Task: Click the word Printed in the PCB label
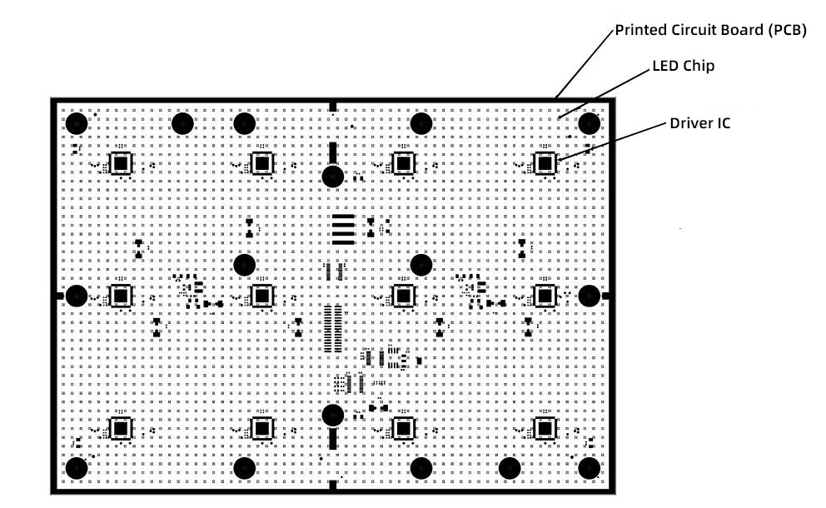tap(640, 31)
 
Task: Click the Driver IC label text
tap(700, 123)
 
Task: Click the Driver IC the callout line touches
tap(545, 163)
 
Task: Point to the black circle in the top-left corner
tap(77, 124)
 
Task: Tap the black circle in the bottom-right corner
tap(590, 468)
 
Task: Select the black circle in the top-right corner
tap(590, 124)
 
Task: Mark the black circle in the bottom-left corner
tap(77, 468)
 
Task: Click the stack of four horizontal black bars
tap(342, 230)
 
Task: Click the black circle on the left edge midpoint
tap(77, 296)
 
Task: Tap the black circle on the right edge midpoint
tap(590, 296)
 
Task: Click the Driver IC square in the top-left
tap(122, 163)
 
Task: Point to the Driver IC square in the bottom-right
tap(545, 428)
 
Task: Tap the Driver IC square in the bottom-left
tap(122, 428)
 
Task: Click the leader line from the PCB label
tap(587, 62)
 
